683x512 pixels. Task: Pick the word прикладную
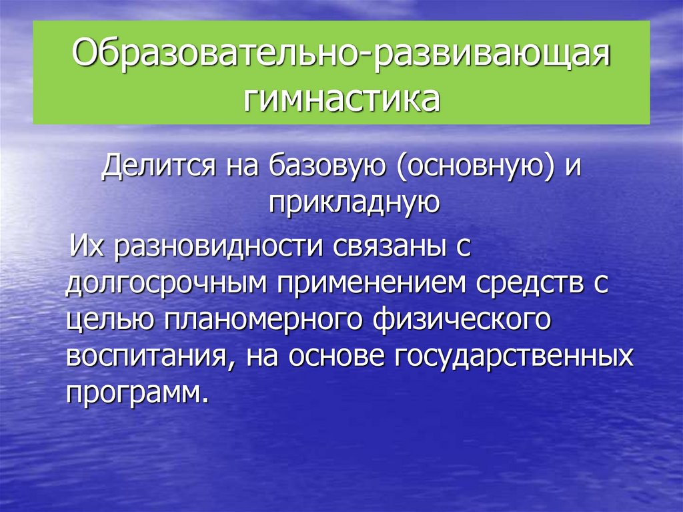point(354,200)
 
